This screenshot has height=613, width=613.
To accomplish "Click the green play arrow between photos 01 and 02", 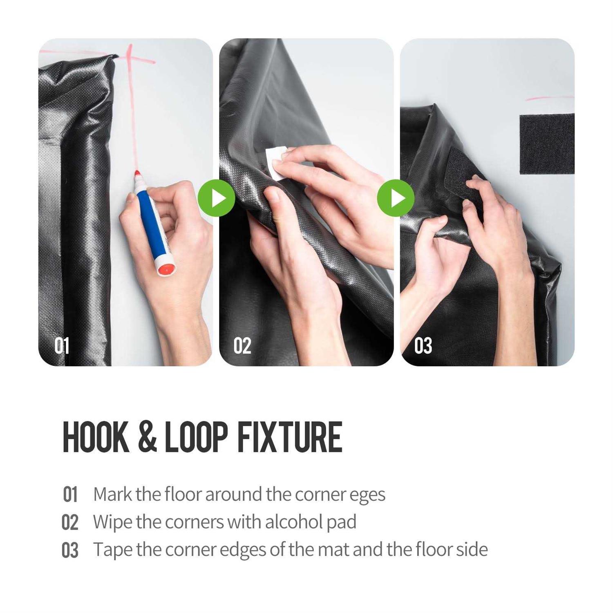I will (217, 198).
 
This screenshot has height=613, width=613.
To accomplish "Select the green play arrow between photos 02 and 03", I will (396, 198).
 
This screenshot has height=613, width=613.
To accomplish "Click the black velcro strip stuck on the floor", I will (546, 143).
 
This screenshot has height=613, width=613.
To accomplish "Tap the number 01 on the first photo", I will (62, 346).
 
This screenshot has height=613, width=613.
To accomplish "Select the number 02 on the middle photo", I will (242, 346).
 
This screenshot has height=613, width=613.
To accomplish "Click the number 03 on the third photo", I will (423, 346).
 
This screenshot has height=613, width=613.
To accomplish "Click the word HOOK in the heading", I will (96, 438).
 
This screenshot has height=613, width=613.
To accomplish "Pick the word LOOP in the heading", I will (196, 438).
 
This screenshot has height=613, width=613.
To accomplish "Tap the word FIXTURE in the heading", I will (289, 438).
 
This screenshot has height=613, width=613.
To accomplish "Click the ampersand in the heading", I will (147, 438).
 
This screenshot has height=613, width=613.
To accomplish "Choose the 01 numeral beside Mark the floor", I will (70, 495).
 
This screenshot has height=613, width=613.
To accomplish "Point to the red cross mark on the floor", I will (130, 61).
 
